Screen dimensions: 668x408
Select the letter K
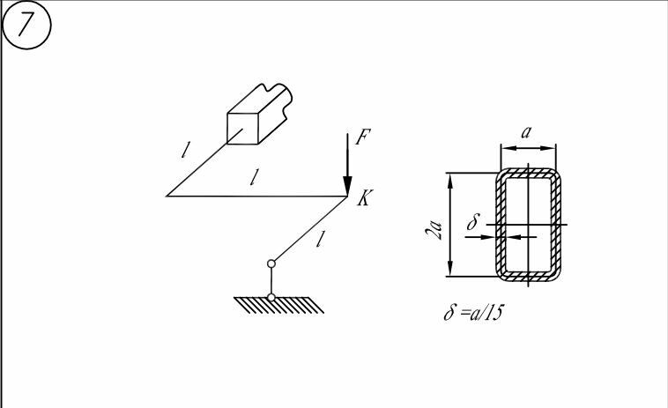[x=363, y=201]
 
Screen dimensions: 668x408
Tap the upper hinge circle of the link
[x=271, y=263]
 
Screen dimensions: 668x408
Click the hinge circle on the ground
[x=271, y=297]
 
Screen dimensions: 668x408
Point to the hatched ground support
[x=278, y=305]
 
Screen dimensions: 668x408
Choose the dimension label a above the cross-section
[x=526, y=132]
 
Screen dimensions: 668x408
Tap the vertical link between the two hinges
[x=271, y=280]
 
